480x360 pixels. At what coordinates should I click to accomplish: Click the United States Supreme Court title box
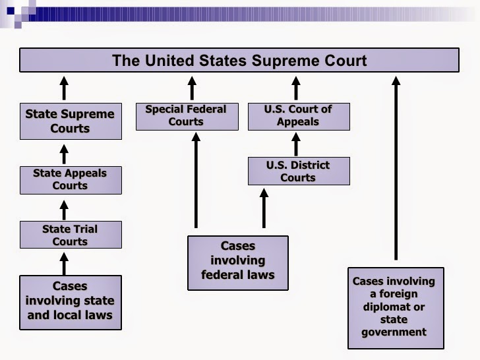(x=239, y=60)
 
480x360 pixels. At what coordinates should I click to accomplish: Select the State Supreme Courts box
(x=71, y=121)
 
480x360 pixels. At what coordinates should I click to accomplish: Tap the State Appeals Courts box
(x=71, y=179)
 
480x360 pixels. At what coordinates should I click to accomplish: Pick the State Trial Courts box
(x=71, y=235)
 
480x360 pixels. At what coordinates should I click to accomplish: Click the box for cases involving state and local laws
(x=71, y=301)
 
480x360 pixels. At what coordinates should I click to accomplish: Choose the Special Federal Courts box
(x=186, y=115)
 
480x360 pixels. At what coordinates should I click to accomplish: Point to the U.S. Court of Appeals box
(x=298, y=115)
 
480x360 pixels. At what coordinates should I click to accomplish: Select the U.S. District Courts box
(x=298, y=171)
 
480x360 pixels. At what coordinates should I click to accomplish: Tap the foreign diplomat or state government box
(x=396, y=307)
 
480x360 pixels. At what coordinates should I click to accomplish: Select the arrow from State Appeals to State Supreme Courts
(x=64, y=154)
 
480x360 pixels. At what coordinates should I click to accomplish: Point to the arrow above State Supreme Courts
(x=64, y=88)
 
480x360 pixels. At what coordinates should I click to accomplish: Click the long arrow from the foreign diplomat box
(x=396, y=168)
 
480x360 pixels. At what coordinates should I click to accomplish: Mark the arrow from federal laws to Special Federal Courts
(x=196, y=178)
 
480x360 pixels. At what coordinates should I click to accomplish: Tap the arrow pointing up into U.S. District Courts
(x=264, y=208)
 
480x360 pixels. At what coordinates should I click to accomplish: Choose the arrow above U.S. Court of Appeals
(x=296, y=88)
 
